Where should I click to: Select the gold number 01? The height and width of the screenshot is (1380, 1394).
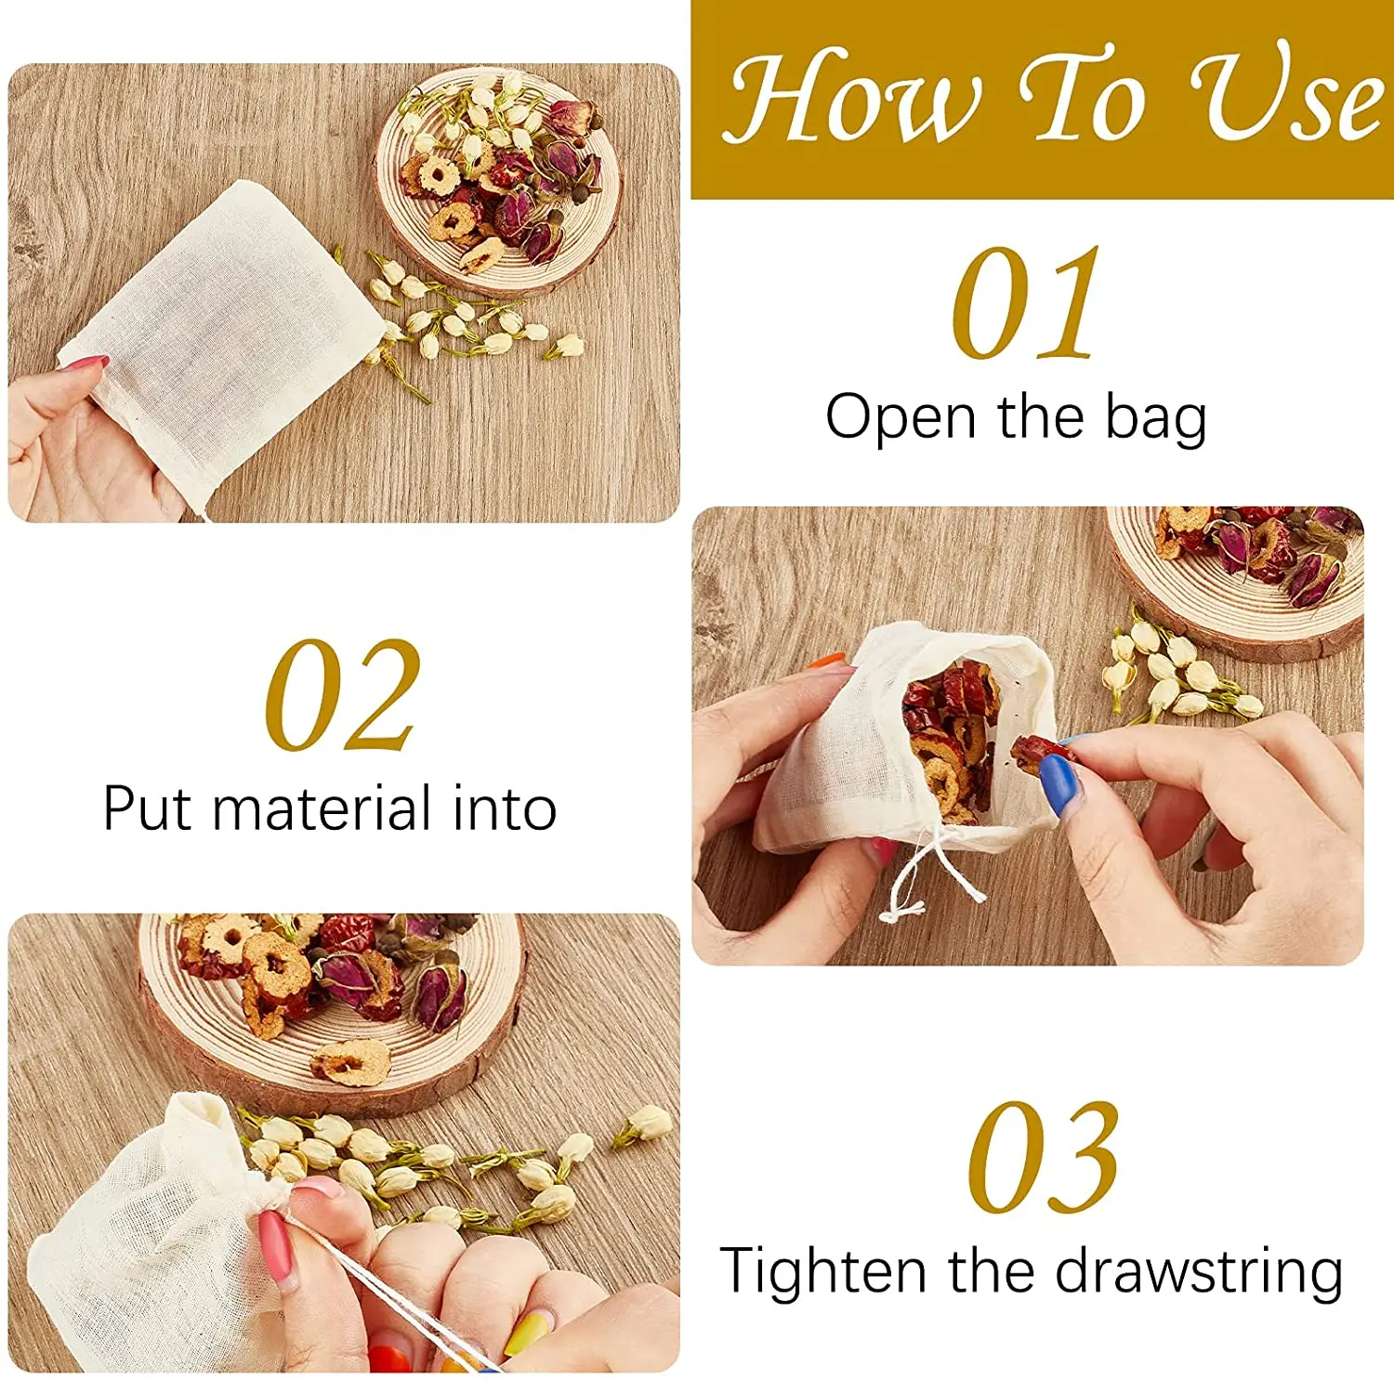coord(1025,303)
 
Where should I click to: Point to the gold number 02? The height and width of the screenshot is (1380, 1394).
coord(342,695)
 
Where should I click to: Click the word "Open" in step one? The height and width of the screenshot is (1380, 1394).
coord(901,417)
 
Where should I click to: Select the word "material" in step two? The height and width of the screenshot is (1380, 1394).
coord(322,808)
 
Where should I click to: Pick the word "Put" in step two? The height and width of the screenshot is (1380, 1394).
coord(149,808)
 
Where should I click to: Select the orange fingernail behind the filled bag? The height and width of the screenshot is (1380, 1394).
coord(826,662)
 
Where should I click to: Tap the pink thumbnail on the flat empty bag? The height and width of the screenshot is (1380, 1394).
coord(85,363)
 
